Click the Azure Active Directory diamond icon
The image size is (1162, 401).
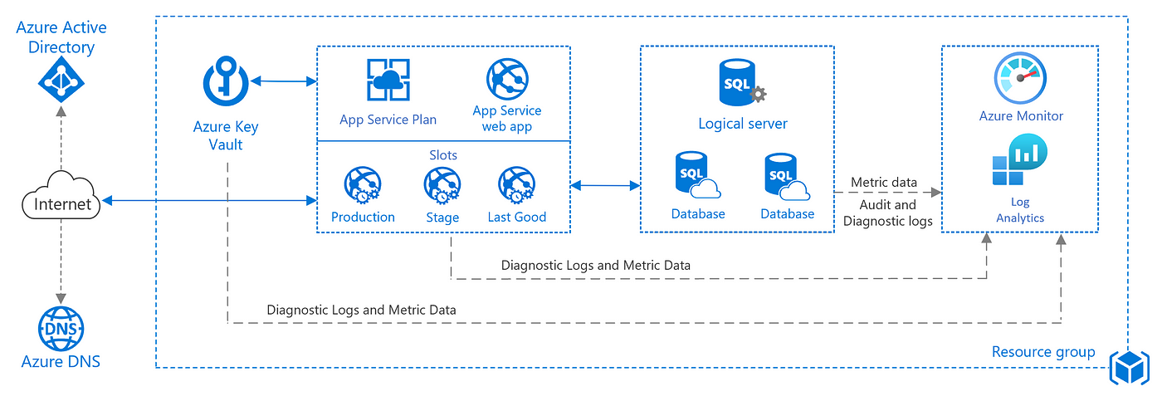(x=61, y=80)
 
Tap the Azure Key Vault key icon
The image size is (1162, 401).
(x=226, y=81)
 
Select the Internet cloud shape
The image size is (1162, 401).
(x=61, y=196)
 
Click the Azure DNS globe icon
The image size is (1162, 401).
(x=61, y=329)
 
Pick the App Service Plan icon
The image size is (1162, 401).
(x=388, y=80)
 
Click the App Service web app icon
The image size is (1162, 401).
(x=507, y=79)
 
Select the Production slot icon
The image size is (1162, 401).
(x=363, y=185)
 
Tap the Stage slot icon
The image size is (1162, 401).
(x=442, y=185)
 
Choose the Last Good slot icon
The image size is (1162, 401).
(x=516, y=185)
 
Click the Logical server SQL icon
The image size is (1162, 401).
(x=742, y=82)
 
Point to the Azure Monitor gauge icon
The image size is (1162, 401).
(x=1020, y=78)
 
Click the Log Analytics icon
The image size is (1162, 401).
(x=1020, y=159)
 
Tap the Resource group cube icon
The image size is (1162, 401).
(x=1130, y=368)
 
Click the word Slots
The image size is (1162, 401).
(x=443, y=155)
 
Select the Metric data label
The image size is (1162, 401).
(x=884, y=182)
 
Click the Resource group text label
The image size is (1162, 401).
(x=1043, y=352)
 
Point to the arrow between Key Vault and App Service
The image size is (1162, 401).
(x=284, y=81)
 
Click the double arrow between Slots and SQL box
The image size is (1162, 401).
(x=605, y=185)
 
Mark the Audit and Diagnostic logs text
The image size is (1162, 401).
(x=887, y=213)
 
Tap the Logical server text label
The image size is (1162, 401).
(x=743, y=124)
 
